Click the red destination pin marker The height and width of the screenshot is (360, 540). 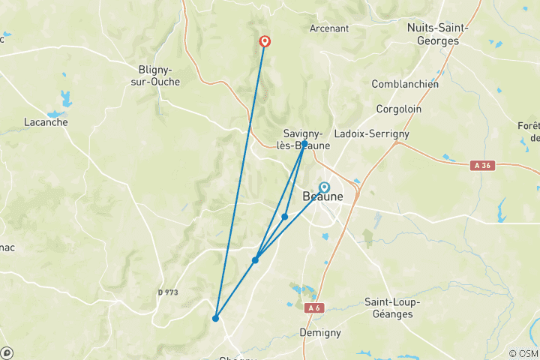click(x=265, y=41)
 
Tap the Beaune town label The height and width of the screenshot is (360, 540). click(x=322, y=197)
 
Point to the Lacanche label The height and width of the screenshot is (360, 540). click(x=46, y=122)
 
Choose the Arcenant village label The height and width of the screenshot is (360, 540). click(x=329, y=28)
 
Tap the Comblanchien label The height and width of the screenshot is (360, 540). click(x=405, y=84)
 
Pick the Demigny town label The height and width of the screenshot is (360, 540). click(x=319, y=332)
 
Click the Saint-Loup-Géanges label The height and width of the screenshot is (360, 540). click(x=392, y=307)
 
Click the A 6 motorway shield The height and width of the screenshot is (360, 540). click(x=313, y=307)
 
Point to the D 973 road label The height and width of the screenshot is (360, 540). click(x=168, y=292)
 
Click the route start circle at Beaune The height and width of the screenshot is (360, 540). click(x=324, y=187)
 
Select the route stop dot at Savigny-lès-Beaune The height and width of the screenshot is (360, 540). click(x=304, y=143)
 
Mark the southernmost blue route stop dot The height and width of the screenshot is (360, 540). click(x=215, y=319)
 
